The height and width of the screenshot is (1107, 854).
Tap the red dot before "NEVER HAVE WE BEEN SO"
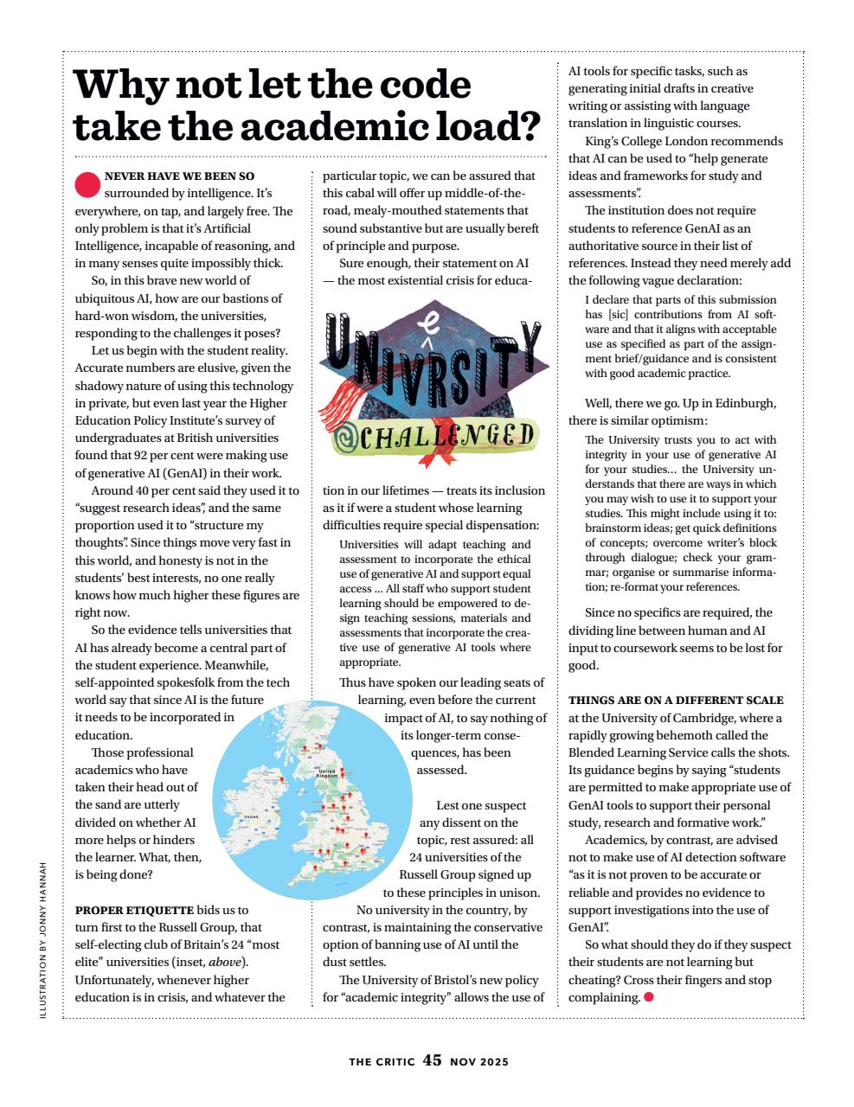(x=87, y=183)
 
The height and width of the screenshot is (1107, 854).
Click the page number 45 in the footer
(x=433, y=1060)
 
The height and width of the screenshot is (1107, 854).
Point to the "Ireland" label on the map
(x=252, y=816)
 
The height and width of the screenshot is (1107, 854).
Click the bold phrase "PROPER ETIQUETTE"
(x=134, y=910)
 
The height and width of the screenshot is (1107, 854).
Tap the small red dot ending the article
(x=649, y=997)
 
